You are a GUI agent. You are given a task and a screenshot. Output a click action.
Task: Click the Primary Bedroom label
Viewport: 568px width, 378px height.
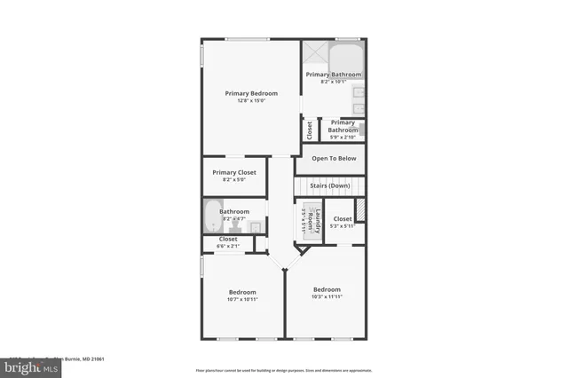[250, 93]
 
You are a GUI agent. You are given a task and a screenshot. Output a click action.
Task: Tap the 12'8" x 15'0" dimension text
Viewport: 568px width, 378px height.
[250, 101]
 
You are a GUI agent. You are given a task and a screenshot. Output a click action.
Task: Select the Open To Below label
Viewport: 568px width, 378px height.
[334, 158]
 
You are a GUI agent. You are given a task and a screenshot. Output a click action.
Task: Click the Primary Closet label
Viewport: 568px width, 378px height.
[234, 172]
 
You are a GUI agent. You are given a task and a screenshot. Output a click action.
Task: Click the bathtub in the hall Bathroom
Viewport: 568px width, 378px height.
[211, 216]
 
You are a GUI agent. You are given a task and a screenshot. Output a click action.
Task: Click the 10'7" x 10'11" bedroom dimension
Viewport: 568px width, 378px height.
[242, 300]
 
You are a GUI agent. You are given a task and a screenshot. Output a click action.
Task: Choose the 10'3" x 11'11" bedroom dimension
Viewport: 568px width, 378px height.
[326, 297]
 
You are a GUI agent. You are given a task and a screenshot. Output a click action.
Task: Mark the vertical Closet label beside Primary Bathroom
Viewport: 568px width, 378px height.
[310, 130]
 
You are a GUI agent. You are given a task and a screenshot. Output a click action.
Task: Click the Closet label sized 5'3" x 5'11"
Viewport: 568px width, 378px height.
[343, 218]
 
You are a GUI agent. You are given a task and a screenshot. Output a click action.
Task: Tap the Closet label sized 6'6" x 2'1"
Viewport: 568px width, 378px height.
[228, 239]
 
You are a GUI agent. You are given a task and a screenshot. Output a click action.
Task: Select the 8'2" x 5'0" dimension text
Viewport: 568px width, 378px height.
[234, 180]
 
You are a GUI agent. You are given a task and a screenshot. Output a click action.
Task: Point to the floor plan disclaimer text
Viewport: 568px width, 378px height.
[284, 370]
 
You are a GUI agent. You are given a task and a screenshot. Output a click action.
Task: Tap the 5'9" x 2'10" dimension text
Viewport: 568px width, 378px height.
[343, 138]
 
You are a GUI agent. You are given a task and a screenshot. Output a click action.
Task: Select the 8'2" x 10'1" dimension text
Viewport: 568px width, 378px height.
[334, 83]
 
